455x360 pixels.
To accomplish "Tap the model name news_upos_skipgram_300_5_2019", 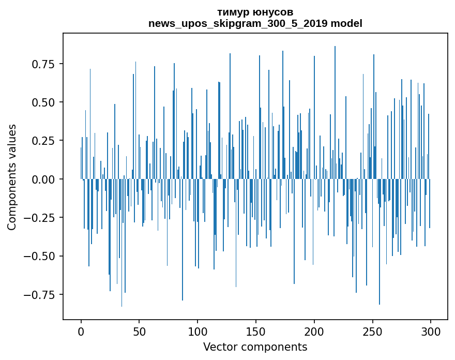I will coord(238,24).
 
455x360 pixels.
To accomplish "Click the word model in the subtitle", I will coord(347,24).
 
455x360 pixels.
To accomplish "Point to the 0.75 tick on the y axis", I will coord(44,64).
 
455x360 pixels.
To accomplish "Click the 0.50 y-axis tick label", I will coord(44,102).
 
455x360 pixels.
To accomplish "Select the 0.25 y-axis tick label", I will coord(44,141).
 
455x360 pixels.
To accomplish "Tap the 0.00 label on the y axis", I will coord(44,179).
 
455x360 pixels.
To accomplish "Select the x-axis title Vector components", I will coord(255,347).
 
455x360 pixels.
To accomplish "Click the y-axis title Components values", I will coord(12,177).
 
